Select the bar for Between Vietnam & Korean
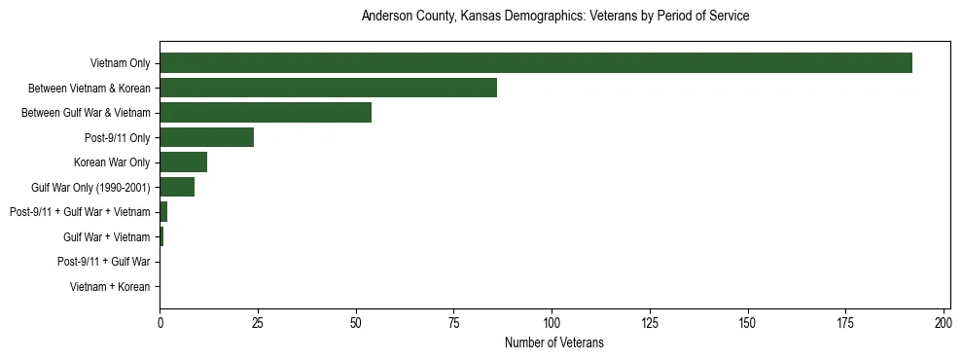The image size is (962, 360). click(328, 89)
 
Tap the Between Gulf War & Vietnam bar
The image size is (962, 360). click(266, 113)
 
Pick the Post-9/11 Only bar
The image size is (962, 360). click(206, 138)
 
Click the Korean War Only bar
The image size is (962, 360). click(183, 162)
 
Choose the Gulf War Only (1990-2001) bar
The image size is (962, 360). click(177, 187)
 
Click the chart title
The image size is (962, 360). click(554, 17)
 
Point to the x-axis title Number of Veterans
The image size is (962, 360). click(554, 342)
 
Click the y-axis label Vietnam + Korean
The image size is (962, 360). click(110, 287)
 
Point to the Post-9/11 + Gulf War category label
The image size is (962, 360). click(103, 262)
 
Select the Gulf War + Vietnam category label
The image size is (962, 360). click(106, 237)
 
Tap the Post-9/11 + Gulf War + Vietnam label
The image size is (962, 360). click(80, 212)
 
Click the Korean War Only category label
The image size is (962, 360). click(112, 162)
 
